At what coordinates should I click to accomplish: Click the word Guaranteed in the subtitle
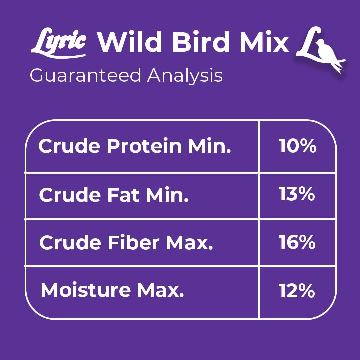(86, 75)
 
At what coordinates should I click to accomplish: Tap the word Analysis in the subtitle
(185, 75)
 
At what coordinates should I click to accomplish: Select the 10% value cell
(297, 146)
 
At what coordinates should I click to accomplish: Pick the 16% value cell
(297, 242)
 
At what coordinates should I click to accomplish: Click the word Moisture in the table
(86, 291)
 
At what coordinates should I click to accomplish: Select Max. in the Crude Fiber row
(189, 243)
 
